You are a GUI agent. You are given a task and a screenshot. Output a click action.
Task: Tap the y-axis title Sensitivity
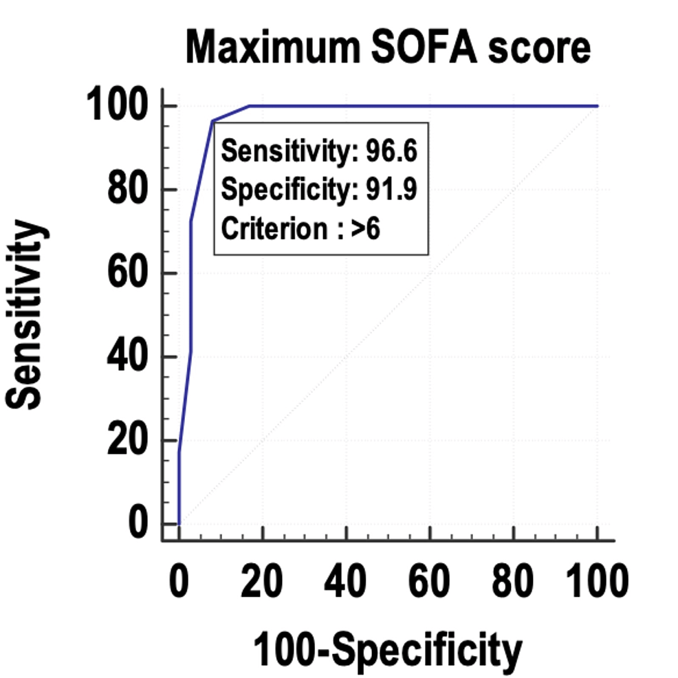click(x=28, y=316)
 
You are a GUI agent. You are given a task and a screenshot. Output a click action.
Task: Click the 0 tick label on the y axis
click(x=139, y=524)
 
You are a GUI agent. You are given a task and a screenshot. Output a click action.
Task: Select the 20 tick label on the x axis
click(x=262, y=583)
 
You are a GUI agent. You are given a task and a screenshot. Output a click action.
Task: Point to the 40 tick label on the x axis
click(x=346, y=583)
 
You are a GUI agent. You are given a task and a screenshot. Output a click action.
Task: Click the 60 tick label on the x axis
click(x=430, y=583)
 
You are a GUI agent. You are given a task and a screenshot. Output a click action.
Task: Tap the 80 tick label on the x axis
click(x=513, y=583)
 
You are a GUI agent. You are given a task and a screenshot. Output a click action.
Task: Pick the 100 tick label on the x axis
click(x=595, y=583)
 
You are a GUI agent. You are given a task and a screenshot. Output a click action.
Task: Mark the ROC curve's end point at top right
click(x=597, y=106)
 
